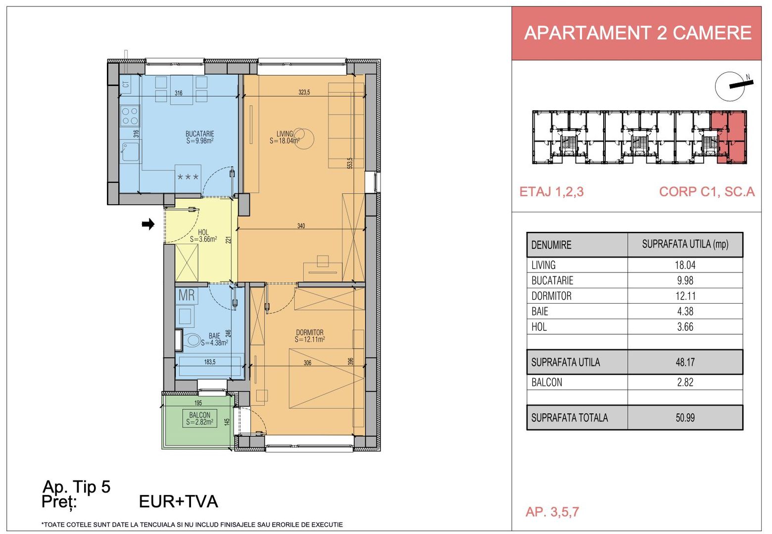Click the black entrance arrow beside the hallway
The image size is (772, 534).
pos(148,224)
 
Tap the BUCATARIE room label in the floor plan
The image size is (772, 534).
pos(199,137)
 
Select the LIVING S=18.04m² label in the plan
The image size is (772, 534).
pos(285,137)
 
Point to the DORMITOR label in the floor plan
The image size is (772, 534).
pos(310,336)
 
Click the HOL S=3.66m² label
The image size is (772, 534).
pos(203,236)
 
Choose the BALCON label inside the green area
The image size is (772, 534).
pos(200,418)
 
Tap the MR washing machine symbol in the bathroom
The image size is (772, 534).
pos(187,296)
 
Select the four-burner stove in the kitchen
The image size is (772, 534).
pos(130,116)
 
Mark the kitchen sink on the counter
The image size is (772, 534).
pos(130,151)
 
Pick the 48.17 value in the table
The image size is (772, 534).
pos(685,362)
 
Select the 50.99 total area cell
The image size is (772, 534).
pos(685,418)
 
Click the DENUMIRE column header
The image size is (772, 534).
pos(551,245)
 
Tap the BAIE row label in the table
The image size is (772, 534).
pos(540,311)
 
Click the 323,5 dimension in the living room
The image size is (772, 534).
pos(304,92)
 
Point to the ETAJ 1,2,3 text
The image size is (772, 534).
pos(551,192)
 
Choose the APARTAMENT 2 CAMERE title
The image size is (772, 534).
pos(637,33)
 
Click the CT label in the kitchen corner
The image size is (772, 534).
pos(126,85)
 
